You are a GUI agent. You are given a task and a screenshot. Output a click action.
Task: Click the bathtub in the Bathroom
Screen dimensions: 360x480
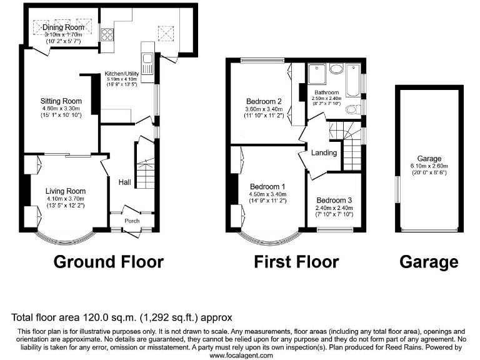click(x=352, y=82)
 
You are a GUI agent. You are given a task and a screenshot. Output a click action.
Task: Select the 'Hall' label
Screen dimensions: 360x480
click(x=125, y=182)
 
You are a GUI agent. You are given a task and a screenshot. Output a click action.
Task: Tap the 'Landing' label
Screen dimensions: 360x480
click(x=324, y=152)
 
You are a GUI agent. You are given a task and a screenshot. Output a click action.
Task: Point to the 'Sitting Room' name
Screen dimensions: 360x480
click(x=61, y=101)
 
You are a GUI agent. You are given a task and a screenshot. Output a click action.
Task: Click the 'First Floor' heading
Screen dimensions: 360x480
click(x=296, y=261)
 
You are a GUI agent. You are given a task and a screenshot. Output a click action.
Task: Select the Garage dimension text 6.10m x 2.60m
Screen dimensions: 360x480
click(x=429, y=166)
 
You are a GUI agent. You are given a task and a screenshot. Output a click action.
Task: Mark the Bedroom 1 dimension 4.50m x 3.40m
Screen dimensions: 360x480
click(x=268, y=194)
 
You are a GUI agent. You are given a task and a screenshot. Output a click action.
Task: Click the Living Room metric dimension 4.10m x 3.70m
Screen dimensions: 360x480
click(x=65, y=198)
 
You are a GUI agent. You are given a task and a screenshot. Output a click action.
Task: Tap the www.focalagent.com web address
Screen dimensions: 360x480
click(x=241, y=355)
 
